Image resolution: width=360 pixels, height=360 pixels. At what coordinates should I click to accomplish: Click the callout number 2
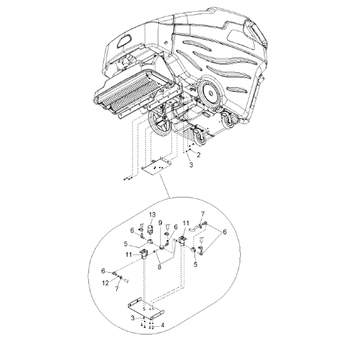click(199, 155)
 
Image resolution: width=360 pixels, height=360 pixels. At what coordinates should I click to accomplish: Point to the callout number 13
click(152, 215)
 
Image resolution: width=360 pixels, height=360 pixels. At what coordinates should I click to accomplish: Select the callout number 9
click(160, 223)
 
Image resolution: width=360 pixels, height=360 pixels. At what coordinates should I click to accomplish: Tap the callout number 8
click(160, 267)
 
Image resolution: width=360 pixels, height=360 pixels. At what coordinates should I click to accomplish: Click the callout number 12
click(105, 283)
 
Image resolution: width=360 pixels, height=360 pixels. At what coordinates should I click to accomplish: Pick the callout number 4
click(163, 325)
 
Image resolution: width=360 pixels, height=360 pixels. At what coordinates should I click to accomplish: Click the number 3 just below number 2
click(191, 164)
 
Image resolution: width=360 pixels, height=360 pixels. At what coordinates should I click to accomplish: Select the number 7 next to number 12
click(117, 289)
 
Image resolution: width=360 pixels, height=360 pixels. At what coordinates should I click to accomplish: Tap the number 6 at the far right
click(225, 232)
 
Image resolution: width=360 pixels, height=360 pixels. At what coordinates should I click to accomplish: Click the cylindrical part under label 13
click(150, 229)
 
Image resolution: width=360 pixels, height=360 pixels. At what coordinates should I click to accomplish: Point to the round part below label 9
click(162, 248)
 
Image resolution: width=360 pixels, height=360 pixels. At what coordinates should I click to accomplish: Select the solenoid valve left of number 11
click(144, 254)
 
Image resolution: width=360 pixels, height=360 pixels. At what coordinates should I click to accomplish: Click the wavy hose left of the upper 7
click(194, 228)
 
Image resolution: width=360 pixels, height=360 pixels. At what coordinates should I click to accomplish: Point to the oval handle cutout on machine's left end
click(124, 41)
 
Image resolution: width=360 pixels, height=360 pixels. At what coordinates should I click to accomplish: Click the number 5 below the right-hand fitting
click(196, 264)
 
